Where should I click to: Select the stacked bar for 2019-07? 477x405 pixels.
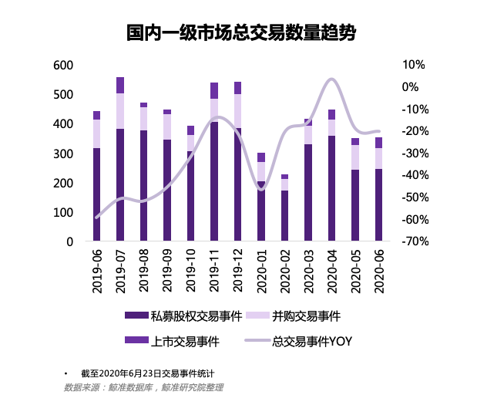(120, 162)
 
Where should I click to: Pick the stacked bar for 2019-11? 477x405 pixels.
(214, 162)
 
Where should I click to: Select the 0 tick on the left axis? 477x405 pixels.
(69, 242)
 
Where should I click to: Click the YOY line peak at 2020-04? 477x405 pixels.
(331, 79)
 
